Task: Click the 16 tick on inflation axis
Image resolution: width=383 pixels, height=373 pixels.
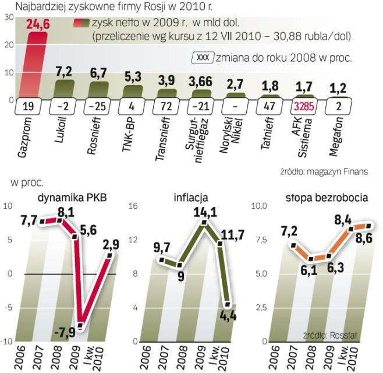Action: [x=133, y=206]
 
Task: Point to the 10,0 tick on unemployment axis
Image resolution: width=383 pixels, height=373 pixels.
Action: [x=258, y=206]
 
